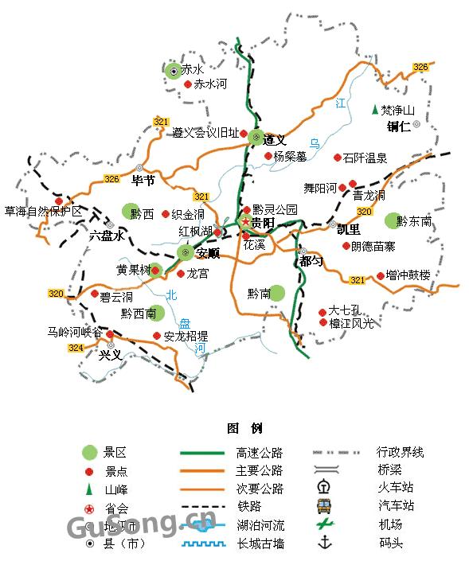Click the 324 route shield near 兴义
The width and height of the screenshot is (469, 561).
76,348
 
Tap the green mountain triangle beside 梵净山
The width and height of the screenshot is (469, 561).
374,110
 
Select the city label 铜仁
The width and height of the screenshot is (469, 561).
398,126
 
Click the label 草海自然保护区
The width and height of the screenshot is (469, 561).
43,212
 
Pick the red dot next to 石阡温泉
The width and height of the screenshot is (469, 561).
337,158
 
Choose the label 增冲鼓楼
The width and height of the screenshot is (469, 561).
407,275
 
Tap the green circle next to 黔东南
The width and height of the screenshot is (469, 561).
391,220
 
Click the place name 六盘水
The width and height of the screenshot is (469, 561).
107,236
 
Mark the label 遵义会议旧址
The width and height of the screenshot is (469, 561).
205,133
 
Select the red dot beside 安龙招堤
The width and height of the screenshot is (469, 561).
157,336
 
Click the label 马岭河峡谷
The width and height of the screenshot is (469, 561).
75,333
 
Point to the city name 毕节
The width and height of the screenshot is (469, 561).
143,181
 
